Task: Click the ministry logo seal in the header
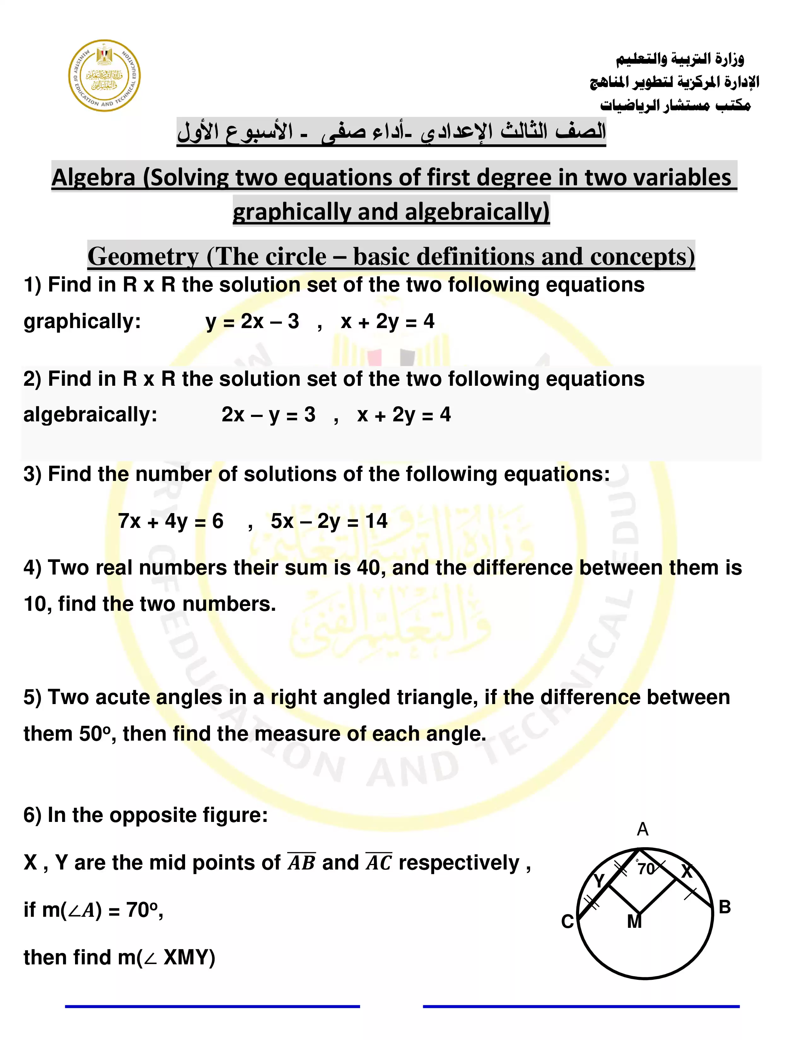[105, 75]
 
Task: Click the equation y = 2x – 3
[253, 322]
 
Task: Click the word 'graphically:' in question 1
[82, 322]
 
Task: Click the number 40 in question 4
[369, 568]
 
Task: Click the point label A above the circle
[643, 829]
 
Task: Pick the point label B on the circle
[725, 907]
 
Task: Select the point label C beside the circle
[567, 922]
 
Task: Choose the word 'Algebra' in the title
[94, 178]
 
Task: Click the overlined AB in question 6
[301, 863]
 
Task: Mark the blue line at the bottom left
[213, 1007]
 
